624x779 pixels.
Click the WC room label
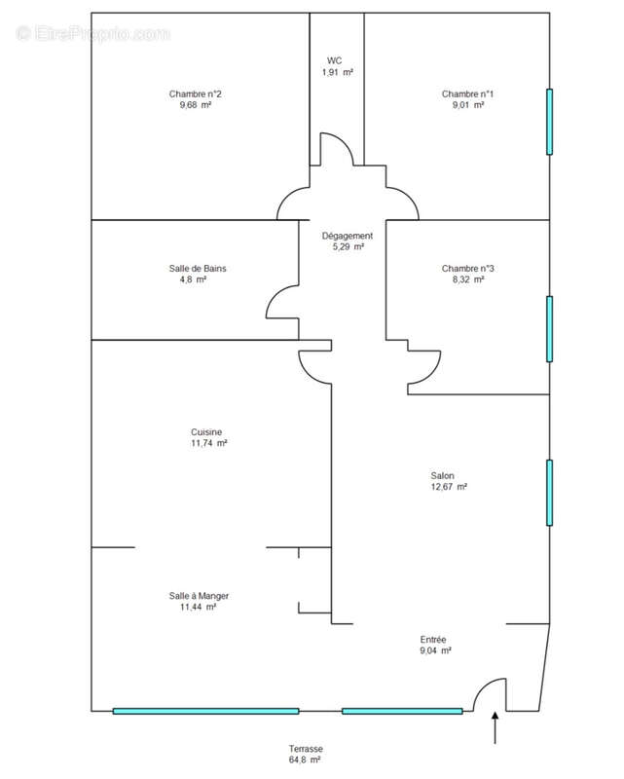tap(334, 60)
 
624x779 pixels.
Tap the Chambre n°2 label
tap(196, 93)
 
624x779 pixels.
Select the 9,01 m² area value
tap(468, 105)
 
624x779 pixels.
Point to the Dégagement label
tap(348, 236)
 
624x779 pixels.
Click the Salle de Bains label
tap(198, 269)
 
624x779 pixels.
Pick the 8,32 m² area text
tap(468, 279)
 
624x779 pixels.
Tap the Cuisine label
tap(206, 432)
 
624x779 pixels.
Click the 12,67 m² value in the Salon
tap(449, 487)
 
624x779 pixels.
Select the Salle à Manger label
tap(199, 596)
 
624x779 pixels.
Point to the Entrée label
tap(433, 640)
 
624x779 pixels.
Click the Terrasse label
tap(306, 749)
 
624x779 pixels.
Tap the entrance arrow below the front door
tap(495, 727)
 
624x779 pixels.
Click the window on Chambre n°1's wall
tap(549, 122)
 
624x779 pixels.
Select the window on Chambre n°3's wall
tap(549, 329)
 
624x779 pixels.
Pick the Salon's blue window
tap(549, 493)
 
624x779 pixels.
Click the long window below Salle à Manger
tap(205, 711)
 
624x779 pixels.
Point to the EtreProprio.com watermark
tap(92, 34)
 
